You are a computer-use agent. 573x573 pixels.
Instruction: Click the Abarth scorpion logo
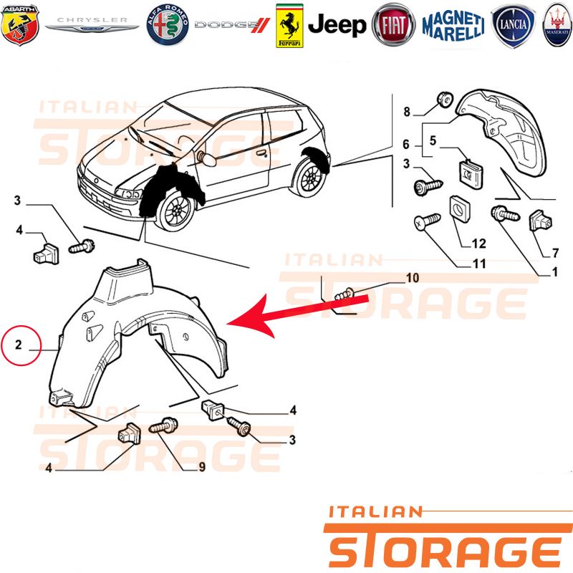click(x=20, y=25)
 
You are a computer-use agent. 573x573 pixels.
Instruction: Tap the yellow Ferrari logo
click(x=289, y=26)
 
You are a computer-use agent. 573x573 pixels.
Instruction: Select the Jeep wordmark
click(x=337, y=25)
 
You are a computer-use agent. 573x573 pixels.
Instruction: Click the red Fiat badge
click(x=393, y=25)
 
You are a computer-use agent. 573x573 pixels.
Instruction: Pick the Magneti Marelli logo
click(x=453, y=26)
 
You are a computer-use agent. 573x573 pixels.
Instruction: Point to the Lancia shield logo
click(x=514, y=26)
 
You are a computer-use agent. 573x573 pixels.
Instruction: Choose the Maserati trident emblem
click(x=557, y=25)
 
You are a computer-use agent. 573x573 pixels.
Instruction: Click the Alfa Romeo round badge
click(x=168, y=25)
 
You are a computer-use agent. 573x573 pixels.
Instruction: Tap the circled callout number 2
click(x=19, y=345)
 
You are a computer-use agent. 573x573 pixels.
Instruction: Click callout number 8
click(x=407, y=112)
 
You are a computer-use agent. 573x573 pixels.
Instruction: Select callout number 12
click(x=478, y=244)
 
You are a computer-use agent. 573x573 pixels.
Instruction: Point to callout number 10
click(x=413, y=278)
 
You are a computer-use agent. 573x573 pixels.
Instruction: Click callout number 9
click(x=202, y=467)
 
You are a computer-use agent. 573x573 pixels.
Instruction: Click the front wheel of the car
click(x=177, y=212)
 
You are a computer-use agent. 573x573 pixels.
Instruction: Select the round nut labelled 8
click(x=445, y=99)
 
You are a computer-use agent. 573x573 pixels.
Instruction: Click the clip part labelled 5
click(x=470, y=174)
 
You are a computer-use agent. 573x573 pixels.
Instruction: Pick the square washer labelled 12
click(x=460, y=209)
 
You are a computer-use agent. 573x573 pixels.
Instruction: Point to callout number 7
click(x=556, y=253)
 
